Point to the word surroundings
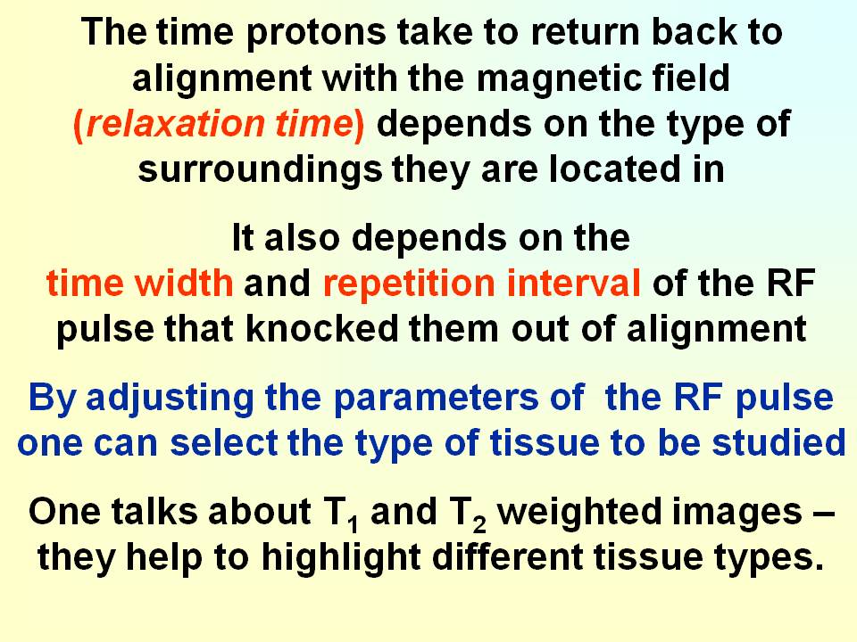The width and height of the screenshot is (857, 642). tap(260, 169)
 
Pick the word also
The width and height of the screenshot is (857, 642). tap(302, 238)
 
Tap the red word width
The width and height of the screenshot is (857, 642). tap(185, 284)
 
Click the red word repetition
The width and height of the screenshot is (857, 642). tap(410, 284)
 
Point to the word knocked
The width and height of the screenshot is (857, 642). tap(322, 329)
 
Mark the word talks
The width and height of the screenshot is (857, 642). tap(154, 512)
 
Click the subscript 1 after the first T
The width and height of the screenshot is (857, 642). tap(354, 524)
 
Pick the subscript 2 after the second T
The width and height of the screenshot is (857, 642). tap(479, 524)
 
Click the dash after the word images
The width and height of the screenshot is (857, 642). tap(823, 514)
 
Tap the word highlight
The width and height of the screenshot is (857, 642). tap(341, 558)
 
